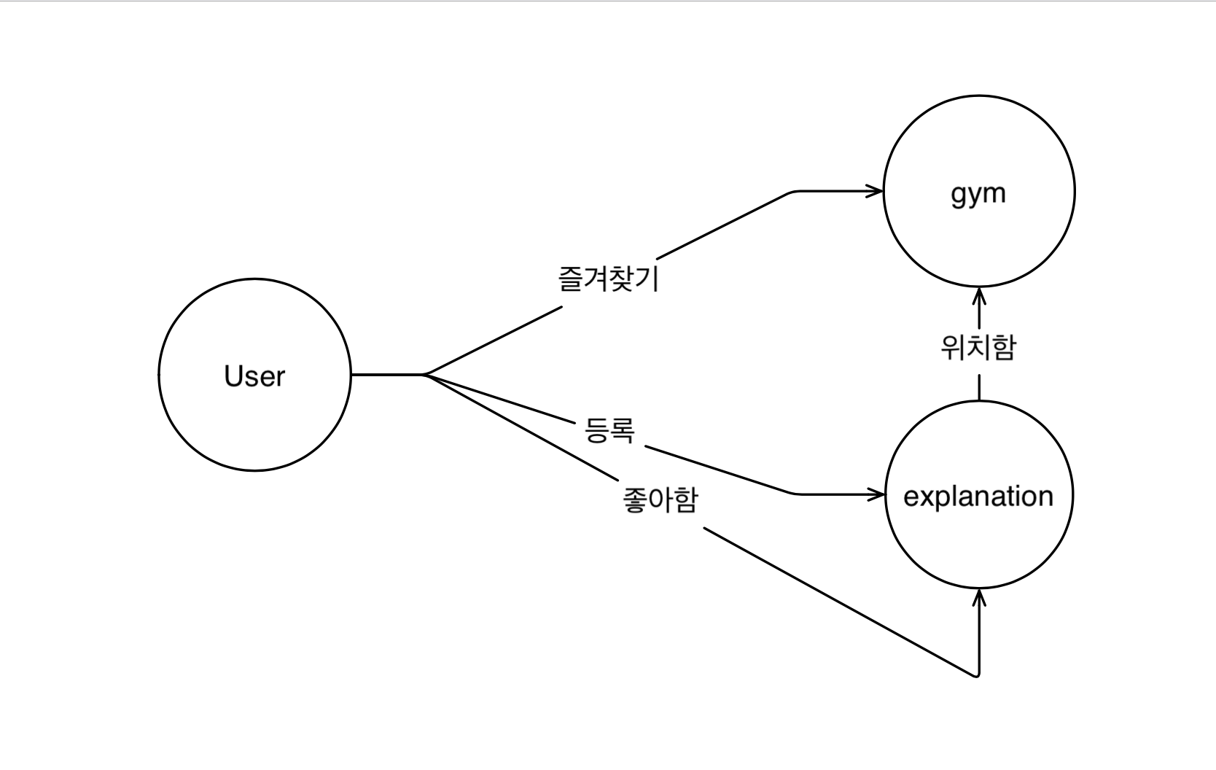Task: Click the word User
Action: coord(254,376)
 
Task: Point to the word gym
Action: coord(978,194)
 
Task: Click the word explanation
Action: coord(978,497)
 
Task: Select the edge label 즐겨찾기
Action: coord(609,279)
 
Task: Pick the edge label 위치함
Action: coord(978,348)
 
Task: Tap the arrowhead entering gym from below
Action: coord(979,295)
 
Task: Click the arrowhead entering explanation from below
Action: coord(979,597)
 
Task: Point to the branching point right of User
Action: coord(424,375)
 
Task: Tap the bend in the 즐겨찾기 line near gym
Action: coord(793,192)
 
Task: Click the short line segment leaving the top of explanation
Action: coord(979,387)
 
